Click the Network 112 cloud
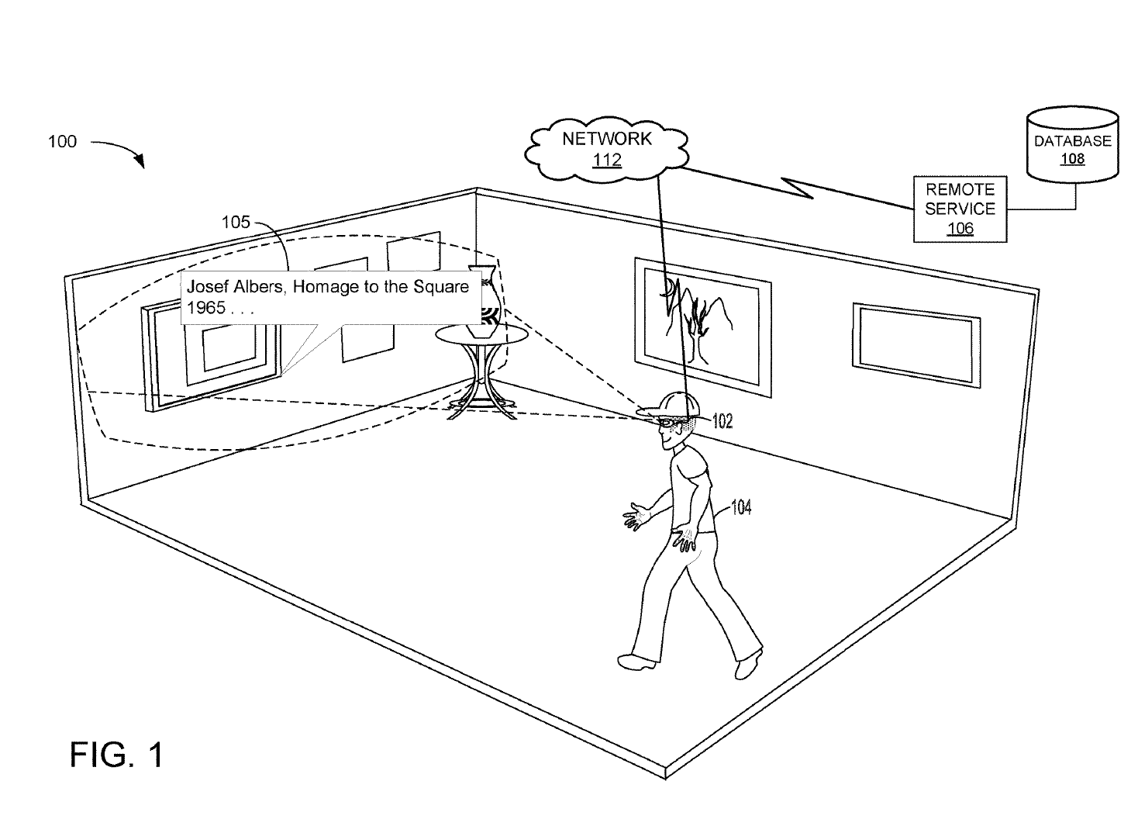click(x=606, y=149)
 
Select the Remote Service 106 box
click(x=960, y=209)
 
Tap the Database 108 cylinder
click(x=1072, y=144)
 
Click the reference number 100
click(x=62, y=141)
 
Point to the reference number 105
click(x=236, y=222)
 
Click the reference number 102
click(x=722, y=421)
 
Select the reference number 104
click(x=741, y=507)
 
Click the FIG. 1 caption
click(x=116, y=755)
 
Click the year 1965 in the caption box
click(x=205, y=308)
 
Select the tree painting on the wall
click(x=702, y=327)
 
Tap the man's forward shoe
click(x=637, y=662)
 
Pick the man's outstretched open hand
click(x=636, y=517)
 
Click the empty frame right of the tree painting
click(x=916, y=346)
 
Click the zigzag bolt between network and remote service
click(x=797, y=187)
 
